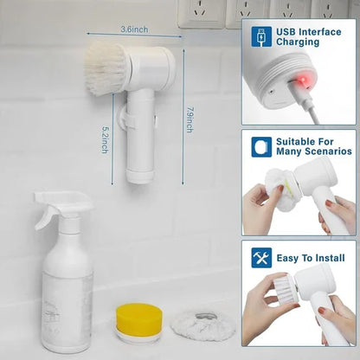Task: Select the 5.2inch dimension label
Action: coord(104,135)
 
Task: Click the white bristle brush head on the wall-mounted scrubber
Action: coord(105,67)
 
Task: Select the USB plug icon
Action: coord(261,36)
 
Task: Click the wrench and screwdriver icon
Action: coord(261,257)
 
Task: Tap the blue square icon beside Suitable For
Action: coord(261,146)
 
